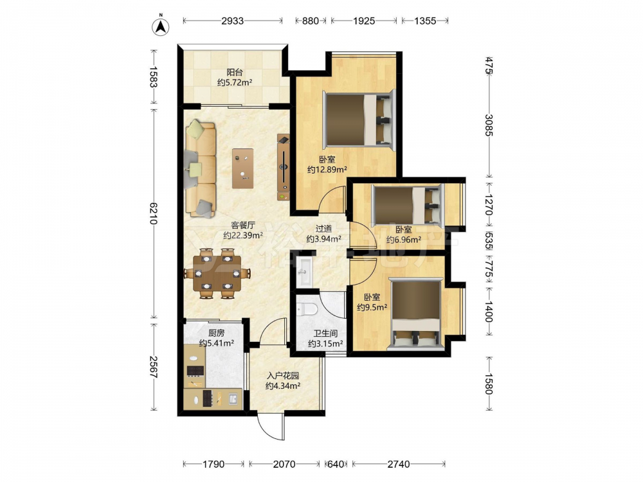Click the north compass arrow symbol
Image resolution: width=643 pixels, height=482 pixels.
click(161, 26)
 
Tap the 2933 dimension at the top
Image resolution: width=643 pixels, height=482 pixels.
click(233, 21)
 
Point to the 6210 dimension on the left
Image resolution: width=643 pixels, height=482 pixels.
click(154, 213)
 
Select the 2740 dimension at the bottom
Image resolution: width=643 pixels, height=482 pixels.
click(399, 464)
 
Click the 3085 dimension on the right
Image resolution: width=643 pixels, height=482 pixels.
click(489, 125)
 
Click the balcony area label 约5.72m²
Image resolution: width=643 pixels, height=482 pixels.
click(235, 82)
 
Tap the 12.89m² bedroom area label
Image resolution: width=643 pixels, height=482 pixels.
click(327, 169)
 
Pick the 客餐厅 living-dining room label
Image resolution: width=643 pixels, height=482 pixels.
click(243, 225)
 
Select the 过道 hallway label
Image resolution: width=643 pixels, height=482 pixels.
click(323, 229)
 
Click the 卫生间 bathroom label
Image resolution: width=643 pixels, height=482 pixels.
click(325, 334)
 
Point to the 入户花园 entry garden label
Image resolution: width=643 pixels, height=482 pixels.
click(283, 375)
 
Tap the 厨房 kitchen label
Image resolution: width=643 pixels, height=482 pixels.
click(217, 333)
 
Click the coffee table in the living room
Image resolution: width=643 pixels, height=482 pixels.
click(243, 168)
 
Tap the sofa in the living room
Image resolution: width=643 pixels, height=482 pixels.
click(201, 169)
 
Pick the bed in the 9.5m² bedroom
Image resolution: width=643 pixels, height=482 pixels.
click(416, 314)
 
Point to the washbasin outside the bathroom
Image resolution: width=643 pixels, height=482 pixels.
click(303, 271)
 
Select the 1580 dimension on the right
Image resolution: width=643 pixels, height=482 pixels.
click(489, 383)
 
